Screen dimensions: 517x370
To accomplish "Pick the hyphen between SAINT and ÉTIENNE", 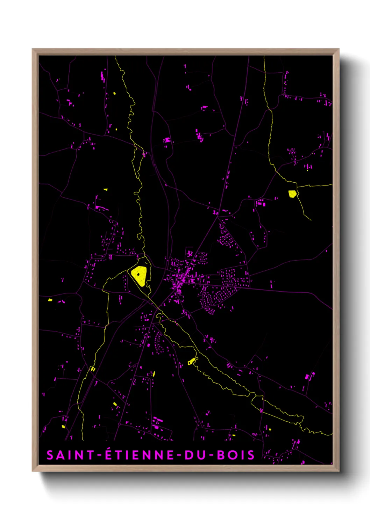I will click(x=99, y=455).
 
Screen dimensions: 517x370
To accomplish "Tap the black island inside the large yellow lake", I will click(x=139, y=274).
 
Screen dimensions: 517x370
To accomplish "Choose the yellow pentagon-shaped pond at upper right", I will click(x=292, y=194).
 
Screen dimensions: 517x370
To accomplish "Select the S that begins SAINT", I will click(x=50, y=455).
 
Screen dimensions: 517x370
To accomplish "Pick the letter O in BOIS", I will click(x=232, y=455).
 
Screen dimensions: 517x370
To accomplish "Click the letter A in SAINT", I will click(x=61, y=455).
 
